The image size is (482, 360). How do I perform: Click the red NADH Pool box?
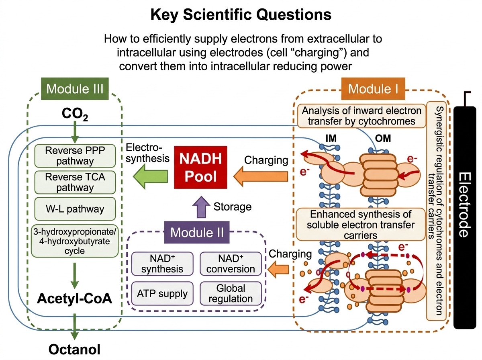[x=200, y=167]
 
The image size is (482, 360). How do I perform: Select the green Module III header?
[x=75, y=89]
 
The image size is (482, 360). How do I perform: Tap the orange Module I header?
[x=373, y=89]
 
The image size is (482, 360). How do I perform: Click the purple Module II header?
[x=197, y=232]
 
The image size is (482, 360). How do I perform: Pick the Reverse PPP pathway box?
[x=75, y=156]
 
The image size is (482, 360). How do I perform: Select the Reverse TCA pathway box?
[x=75, y=182]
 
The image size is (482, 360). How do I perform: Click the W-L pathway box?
[x=75, y=209]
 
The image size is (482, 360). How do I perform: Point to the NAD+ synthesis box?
[x=162, y=264]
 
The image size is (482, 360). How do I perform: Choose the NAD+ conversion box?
[x=231, y=264]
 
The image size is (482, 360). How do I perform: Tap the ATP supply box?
[x=162, y=293]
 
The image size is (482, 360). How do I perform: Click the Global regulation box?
[x=231, y=293]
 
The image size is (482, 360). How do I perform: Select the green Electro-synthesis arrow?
[x=150, y=176]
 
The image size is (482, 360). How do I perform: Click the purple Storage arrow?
[x=201, y=207]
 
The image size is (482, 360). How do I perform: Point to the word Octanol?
[x=74, y=350]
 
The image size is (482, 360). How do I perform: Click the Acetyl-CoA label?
[x=74, y=299]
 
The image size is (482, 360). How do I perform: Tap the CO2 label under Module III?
[x=75, y=115]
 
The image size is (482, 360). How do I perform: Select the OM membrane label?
[x=383, y=138]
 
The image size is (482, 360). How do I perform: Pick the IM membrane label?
[x=331, y=138]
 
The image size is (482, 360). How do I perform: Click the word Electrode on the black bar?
[x=465, y=205]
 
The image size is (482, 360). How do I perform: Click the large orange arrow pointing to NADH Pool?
[x=261, y=176]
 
